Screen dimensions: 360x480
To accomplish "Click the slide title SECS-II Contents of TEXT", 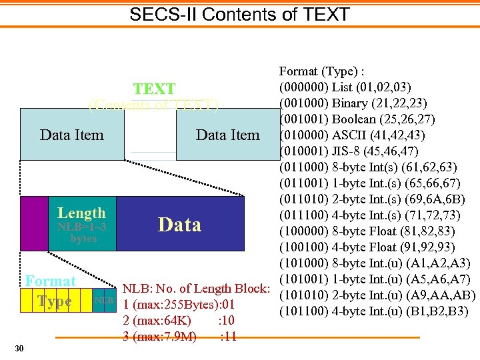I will (x=239, y=14).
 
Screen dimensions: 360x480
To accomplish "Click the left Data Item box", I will (x=72, y=135).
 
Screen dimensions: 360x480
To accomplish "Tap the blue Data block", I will (x=179, y=225).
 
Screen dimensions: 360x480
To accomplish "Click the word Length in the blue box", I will (x=81, y=213).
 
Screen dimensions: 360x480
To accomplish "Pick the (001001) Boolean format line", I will (x=357, y=119).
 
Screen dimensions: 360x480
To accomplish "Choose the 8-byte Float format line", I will (x=369, y=231).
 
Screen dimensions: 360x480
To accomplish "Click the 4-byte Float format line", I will (x=369, y=247).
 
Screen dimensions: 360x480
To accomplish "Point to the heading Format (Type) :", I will (x=325, y=71).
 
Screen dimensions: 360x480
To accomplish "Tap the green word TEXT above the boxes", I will (x=154, y=89).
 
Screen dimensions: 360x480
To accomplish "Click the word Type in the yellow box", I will (x=55, y=301).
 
